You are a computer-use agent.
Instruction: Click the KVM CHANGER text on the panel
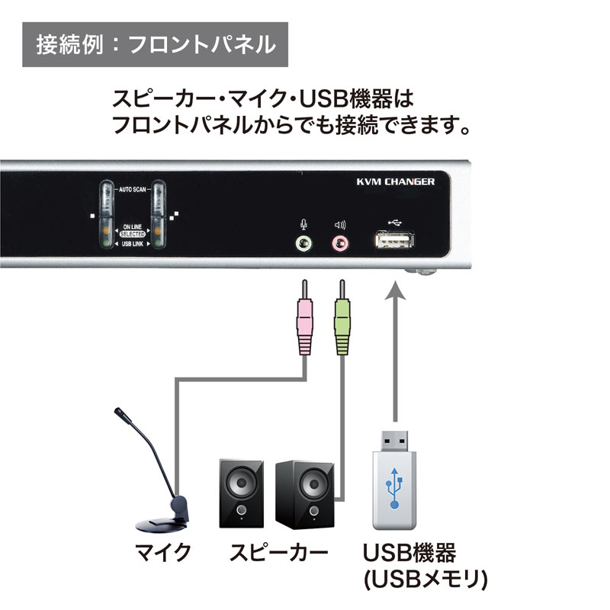(x=396, y=181)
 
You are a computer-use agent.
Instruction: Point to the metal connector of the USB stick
(x=395, y=440)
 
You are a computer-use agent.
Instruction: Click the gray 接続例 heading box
(x=156, y=45)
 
